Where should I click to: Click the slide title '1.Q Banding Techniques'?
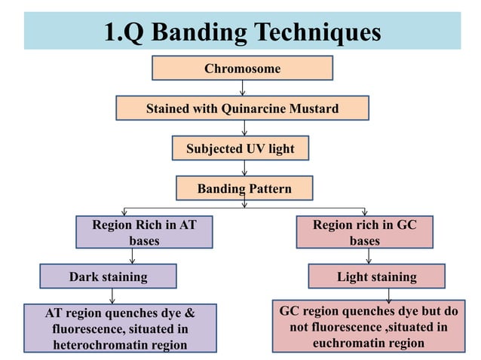(242, 32)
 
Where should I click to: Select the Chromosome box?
(242, 69)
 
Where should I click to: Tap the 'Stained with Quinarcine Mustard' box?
(242, 108)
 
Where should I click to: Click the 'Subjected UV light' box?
(240, 148)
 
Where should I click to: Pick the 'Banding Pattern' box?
(244, 188)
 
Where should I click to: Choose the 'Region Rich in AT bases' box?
(144, 232)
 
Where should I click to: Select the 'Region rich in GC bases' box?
(363, 232)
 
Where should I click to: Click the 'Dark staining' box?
(108, 276)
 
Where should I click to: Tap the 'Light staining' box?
(376, 276)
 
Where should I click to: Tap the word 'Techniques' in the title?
(317, 32)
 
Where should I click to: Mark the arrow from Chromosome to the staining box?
(242, 87)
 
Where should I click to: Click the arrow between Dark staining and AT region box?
(112, 295)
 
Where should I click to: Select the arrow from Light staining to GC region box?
(368, 294)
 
